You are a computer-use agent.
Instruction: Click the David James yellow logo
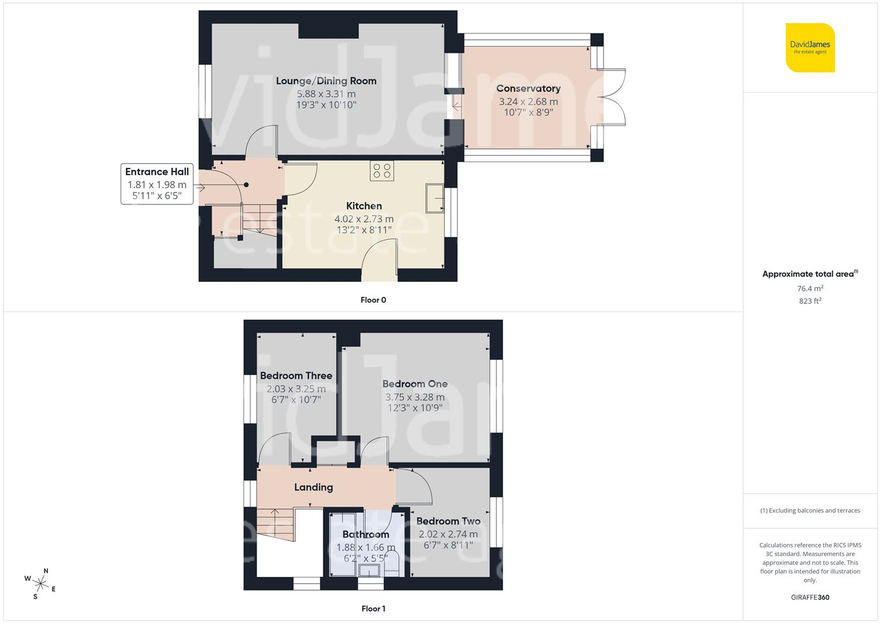810,47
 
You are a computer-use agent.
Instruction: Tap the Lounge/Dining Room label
326,81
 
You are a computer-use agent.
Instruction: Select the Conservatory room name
528,88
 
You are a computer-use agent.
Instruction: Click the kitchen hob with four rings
382,171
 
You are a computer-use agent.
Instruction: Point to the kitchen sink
434,198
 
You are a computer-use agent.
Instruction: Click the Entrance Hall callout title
157,171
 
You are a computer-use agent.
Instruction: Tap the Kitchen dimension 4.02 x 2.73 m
364,219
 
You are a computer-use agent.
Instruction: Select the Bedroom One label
415,384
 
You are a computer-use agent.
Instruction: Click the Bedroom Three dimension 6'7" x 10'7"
296,399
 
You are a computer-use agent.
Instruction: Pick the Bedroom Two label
448,521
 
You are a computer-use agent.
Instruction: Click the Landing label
313,487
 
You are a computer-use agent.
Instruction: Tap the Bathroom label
366,534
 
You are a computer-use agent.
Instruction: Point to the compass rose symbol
40,583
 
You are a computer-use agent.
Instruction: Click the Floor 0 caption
373,300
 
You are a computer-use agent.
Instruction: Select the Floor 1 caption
373,609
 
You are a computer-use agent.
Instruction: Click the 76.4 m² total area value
810,288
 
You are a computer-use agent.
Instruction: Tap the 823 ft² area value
810,301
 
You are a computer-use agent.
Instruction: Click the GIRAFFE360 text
810,597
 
